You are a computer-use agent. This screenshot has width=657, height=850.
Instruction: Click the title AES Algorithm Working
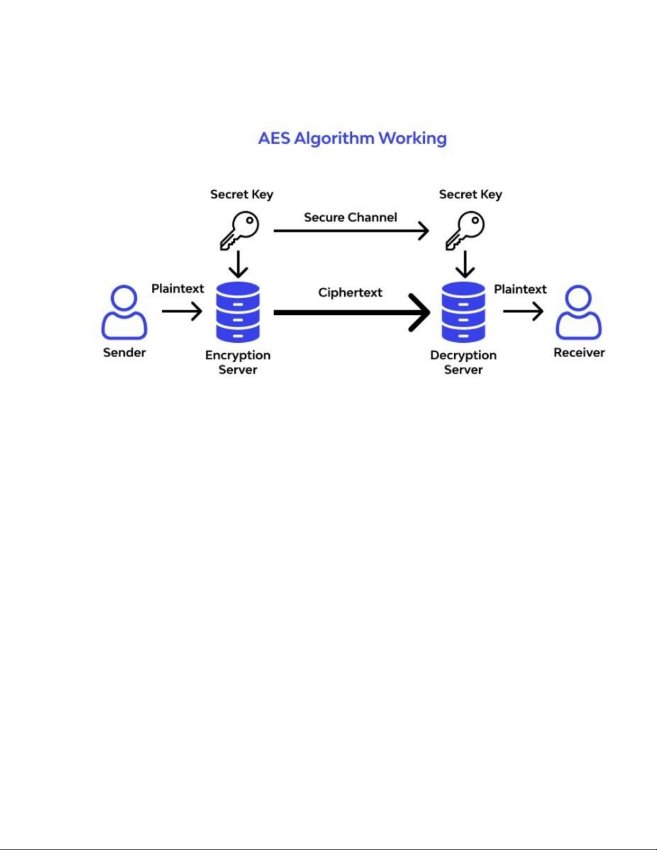[x=352, y=138]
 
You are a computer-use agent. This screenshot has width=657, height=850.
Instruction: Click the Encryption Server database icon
[x=238, y=312]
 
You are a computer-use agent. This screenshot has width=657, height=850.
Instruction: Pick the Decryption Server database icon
[x=463, y=312]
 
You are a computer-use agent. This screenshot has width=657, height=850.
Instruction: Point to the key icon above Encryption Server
[x=239, y=230]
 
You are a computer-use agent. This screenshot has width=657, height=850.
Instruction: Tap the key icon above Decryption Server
[x=465, y=230]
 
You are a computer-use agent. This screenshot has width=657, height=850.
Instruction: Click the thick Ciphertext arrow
[x=351, y=312]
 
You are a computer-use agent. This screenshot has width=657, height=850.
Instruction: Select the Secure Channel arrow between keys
[x=351, y=231]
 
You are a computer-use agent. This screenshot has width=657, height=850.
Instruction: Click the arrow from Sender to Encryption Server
[x=182, y=311]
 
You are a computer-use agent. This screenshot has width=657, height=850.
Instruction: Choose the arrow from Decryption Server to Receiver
[x=523, y=311]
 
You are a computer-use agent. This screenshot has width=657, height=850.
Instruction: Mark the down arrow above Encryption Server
[x=238, y=264]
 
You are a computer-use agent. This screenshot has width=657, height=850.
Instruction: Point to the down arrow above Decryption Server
[x=465, y=264]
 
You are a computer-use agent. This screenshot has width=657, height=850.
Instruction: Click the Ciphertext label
[x=350, y=293]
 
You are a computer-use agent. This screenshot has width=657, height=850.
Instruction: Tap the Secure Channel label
[x=350, y=217]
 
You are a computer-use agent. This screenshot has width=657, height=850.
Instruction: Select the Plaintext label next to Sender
[x=178, y=289]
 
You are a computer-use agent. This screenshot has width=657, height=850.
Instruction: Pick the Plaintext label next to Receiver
[x=520, y=289]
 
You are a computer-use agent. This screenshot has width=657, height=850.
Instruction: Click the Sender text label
[x=124, y=352]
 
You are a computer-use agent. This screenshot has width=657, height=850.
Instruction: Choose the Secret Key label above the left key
[x=241, y=194]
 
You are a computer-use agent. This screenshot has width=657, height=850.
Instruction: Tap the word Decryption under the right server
[x=463, y=355]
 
